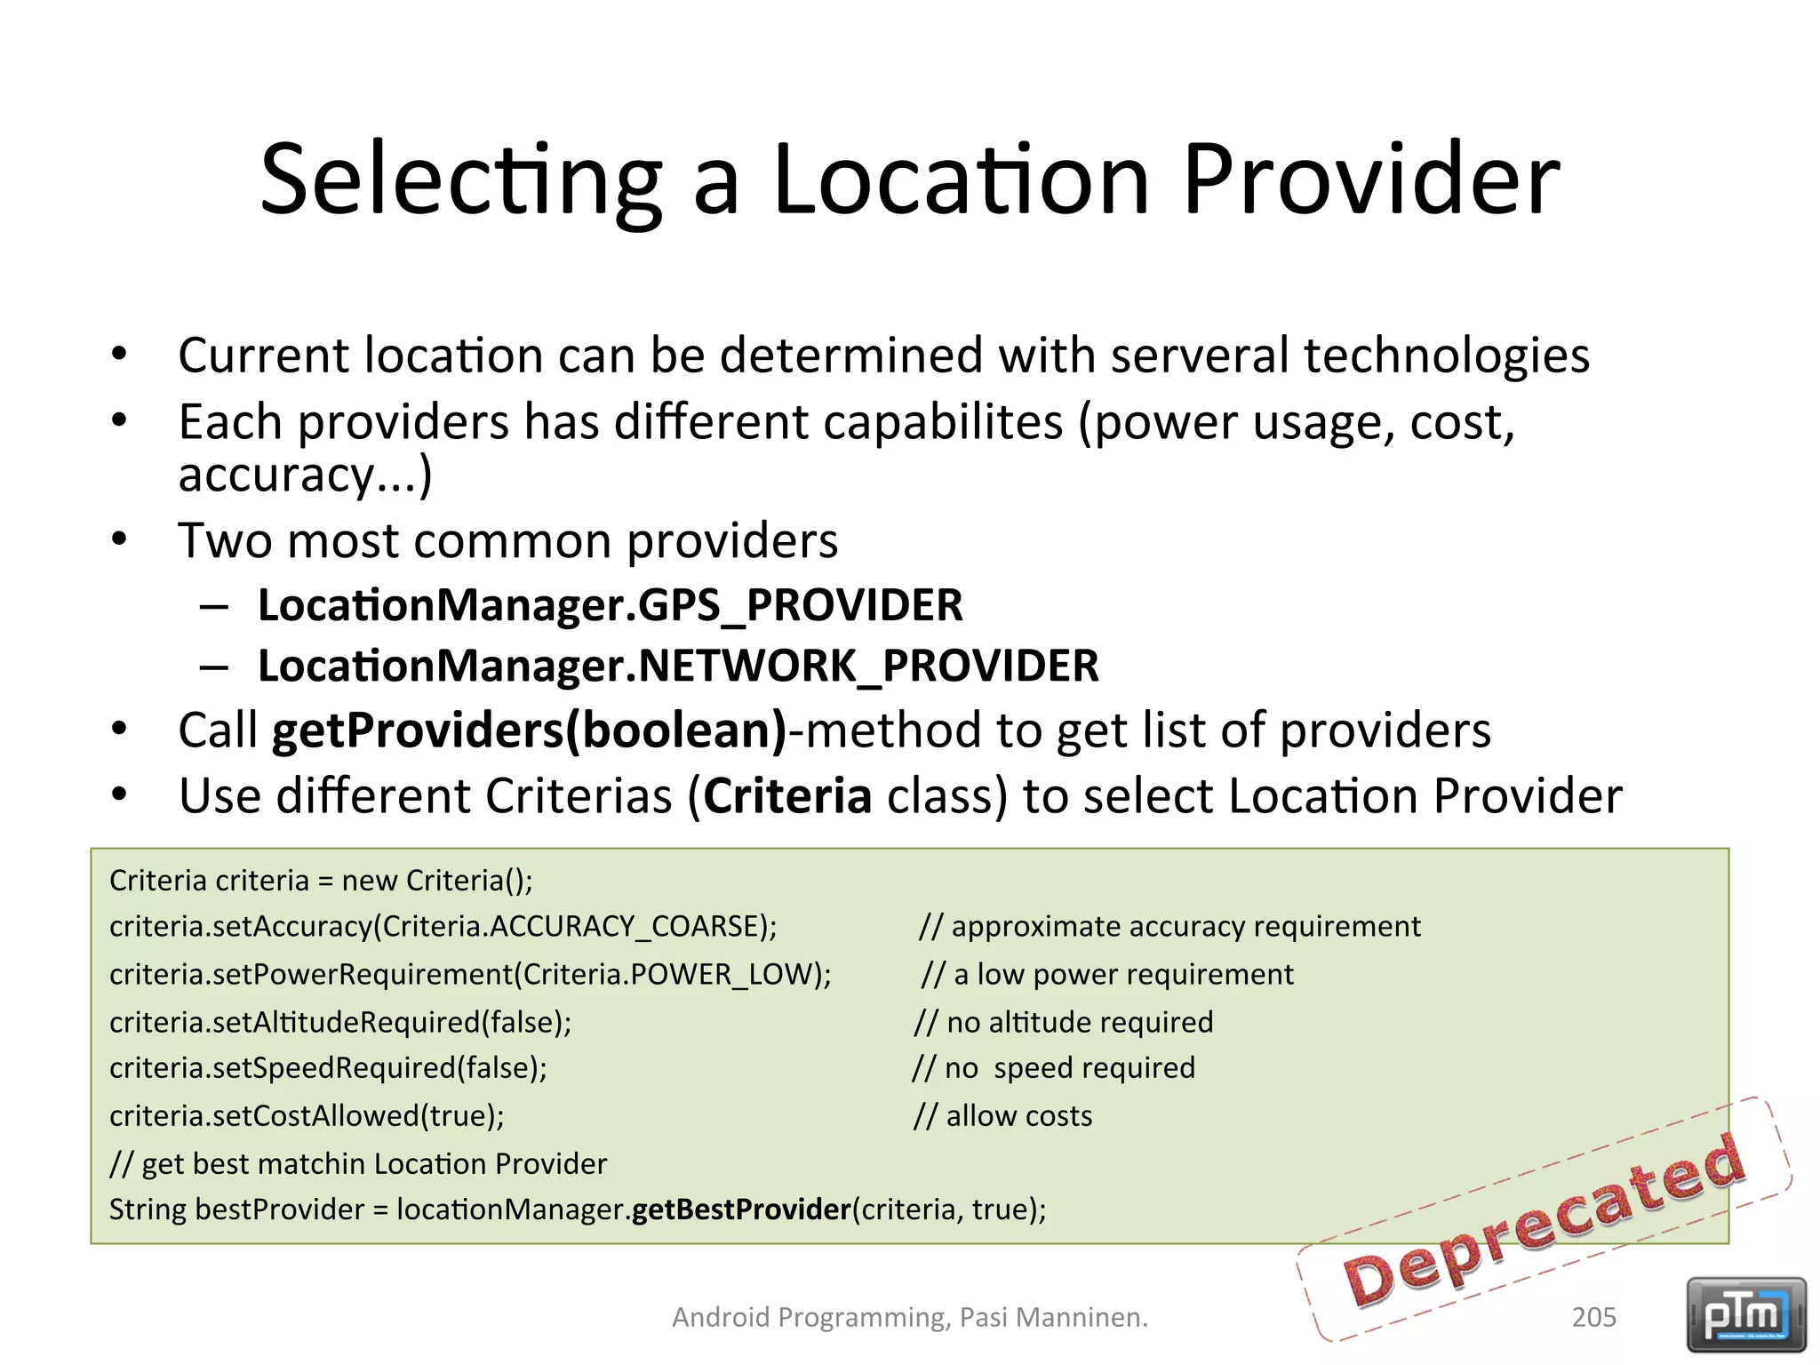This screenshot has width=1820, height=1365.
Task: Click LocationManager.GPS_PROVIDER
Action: (610, 606)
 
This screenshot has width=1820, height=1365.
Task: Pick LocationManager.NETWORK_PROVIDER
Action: (678, 667)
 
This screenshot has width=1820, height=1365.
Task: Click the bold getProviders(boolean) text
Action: (530, 730)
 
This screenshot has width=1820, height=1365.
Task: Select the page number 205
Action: (1593, 1317)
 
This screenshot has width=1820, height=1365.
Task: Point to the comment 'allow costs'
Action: (1018, 1116)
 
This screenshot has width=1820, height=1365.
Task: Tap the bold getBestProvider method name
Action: (741, 1209)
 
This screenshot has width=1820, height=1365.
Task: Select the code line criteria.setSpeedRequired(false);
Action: (328, 1068)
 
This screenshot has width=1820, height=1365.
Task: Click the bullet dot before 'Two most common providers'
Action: (120, 539)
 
